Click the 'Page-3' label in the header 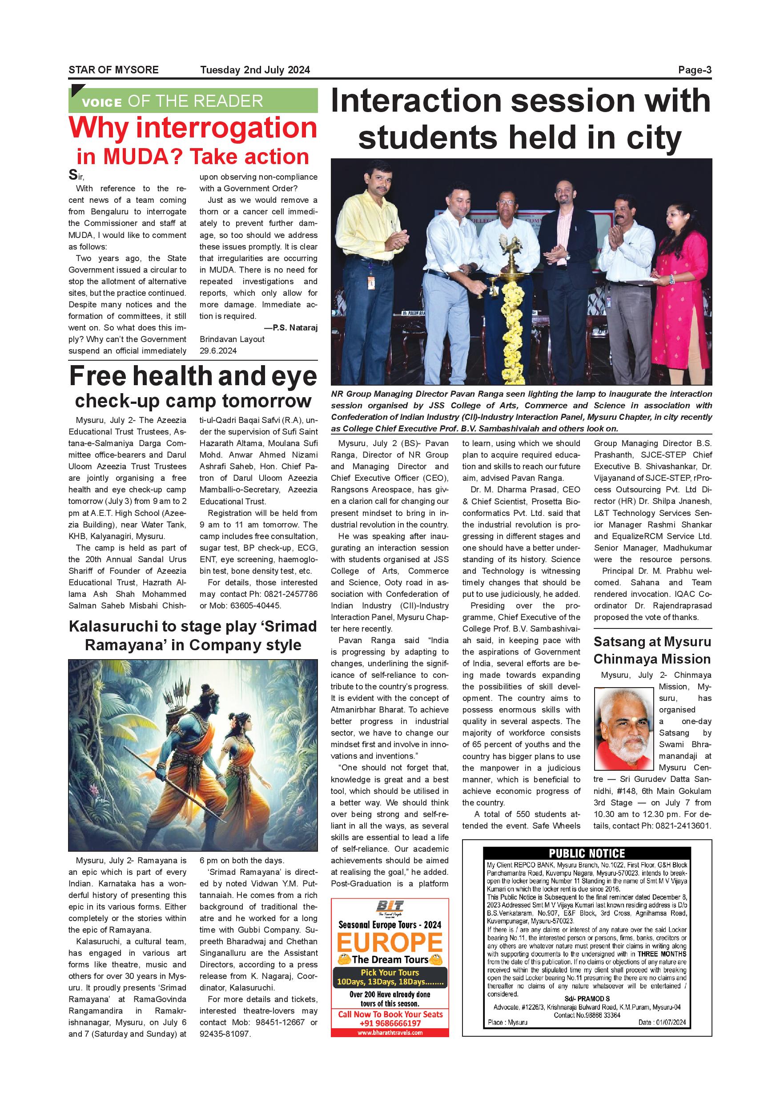point(695,70)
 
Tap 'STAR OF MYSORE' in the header point(113,70)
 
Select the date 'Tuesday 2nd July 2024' point(255,70)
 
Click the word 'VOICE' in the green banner point(101,102)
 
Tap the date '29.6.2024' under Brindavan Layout point(218,351)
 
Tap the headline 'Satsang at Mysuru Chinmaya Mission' point(652,651)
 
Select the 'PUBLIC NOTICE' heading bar point(587,853)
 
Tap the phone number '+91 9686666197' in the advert point(390,1023)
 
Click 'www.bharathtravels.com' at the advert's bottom point(390,1032)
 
